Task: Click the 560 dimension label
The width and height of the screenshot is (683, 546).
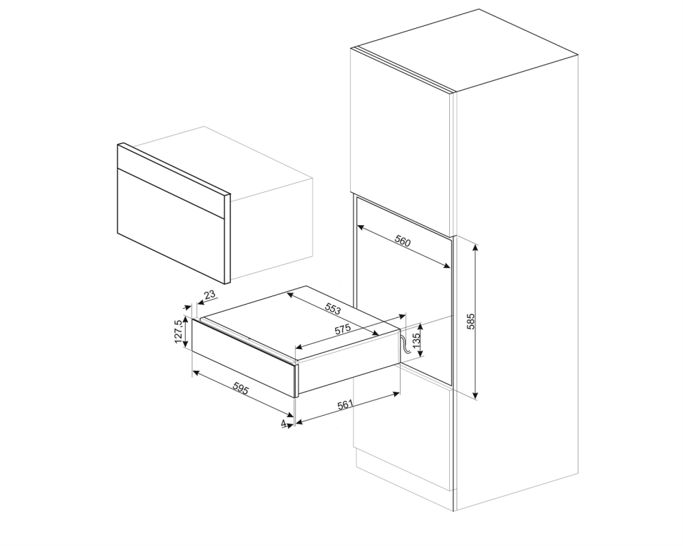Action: point(403,241)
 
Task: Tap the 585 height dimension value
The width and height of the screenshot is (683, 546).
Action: point(470,321)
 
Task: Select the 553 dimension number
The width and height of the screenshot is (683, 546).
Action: point(333,309)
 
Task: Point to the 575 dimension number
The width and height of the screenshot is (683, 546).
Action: point(342,329)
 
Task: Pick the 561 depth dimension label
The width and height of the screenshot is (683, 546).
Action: point(344,405)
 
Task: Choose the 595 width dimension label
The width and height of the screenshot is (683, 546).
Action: point(240,389)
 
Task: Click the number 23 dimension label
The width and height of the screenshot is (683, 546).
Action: point(210,294)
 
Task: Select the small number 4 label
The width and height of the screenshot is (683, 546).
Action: point(284,423)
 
